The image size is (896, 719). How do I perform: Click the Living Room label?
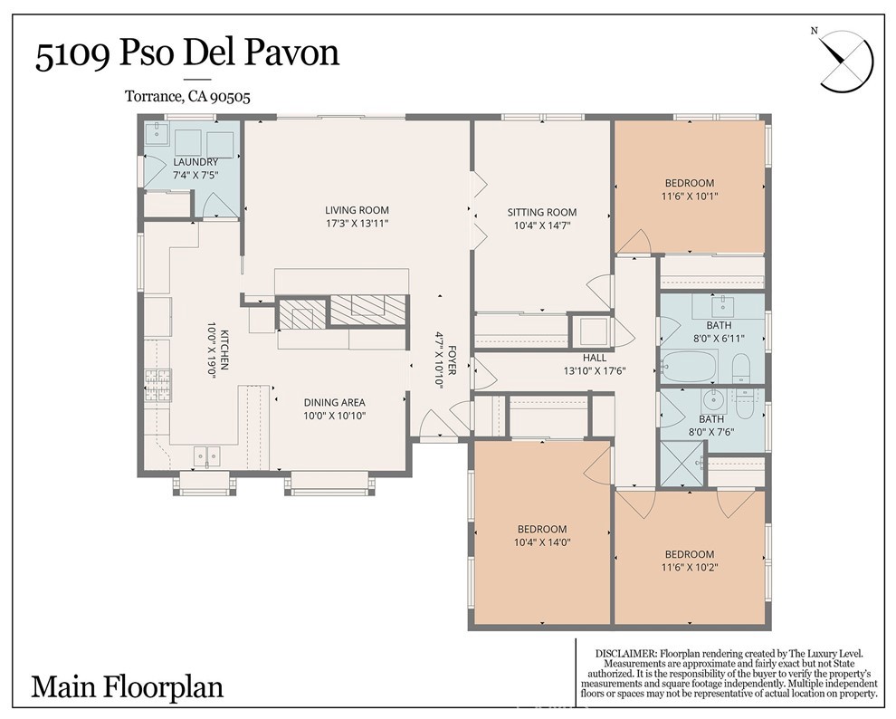coord(357,210)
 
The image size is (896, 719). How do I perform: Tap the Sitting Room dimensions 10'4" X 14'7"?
coord(542,225)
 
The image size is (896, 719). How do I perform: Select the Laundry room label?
coord(195,162)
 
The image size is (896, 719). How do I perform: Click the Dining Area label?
coord(334,402)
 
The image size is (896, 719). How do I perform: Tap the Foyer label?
coord(452,359)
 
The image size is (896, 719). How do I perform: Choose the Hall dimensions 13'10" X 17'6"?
coord(595,371)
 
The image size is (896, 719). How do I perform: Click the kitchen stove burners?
coord(157,385)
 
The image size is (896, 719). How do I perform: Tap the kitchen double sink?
coord(206,455)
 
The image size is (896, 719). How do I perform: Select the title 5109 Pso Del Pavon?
coord(187,53)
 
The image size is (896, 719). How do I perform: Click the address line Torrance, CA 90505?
coord(187,97)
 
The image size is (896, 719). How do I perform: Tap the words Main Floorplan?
coord(127,686)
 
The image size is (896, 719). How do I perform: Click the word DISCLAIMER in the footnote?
coord(625,653)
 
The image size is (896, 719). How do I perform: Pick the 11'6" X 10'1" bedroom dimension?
coord(689,197)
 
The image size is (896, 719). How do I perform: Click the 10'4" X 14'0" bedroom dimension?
coord(542,542)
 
